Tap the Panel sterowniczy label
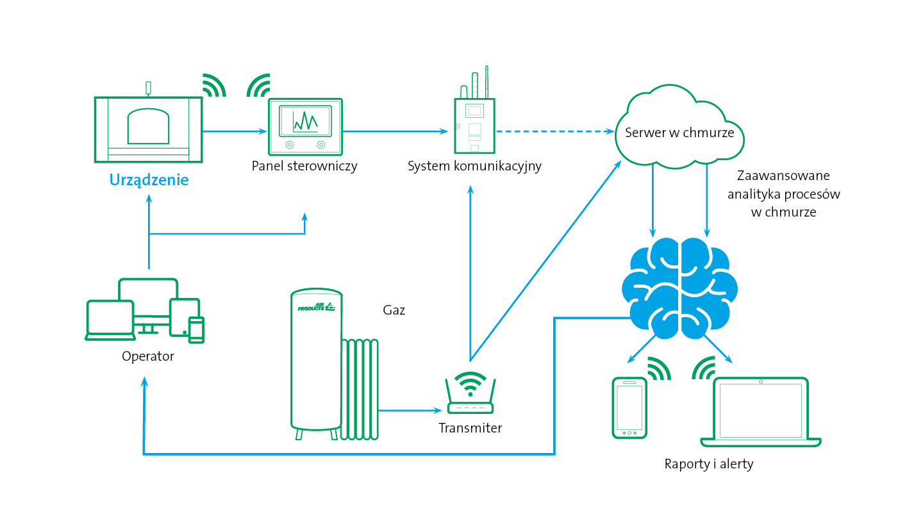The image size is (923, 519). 304,166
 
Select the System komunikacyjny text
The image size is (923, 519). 474,166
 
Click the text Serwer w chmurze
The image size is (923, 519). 679,133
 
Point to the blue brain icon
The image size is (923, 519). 679,288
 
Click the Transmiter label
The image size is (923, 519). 470,428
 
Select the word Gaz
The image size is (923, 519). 394,309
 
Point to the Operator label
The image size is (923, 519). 148,356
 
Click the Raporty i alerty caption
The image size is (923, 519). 709,464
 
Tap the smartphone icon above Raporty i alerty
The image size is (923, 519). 629,408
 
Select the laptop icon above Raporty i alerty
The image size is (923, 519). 761,412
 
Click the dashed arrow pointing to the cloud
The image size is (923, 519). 556,131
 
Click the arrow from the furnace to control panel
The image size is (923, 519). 235,131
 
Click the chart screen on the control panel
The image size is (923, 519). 305,121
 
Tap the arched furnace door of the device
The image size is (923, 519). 148,126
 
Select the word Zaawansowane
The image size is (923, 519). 783,176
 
